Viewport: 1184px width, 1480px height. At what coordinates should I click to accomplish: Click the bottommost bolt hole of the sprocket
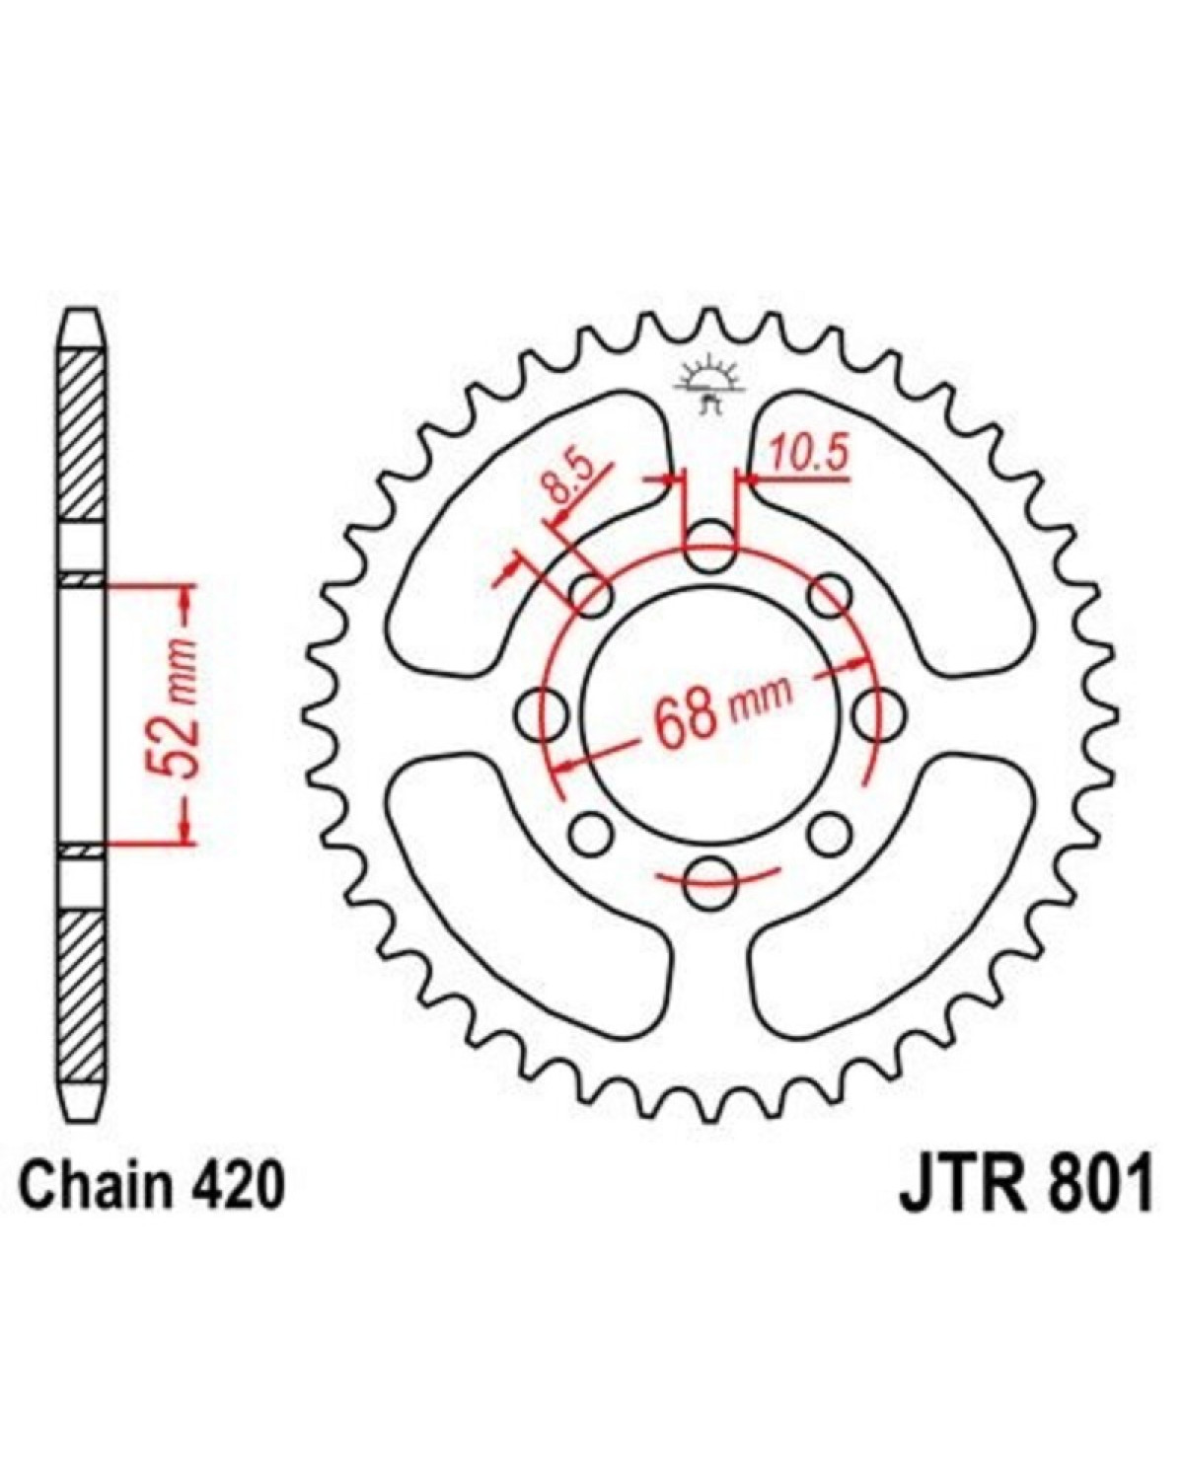pyautogui.click(x=710, y=885)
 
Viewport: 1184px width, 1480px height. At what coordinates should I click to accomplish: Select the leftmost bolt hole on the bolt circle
pyautogui.click(x=542, y=715)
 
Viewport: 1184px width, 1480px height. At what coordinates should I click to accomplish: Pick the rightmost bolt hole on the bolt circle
pyautogui.click(x=878, y=715)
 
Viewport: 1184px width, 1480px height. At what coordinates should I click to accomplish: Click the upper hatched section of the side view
pyautogui.click(x=81, y=434)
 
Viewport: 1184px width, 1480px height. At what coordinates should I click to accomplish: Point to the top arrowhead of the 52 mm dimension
pyautogui.click(x=185, y=599)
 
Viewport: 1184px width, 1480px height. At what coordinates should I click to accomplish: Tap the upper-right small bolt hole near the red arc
pyautogui.click(x=829, y=596)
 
